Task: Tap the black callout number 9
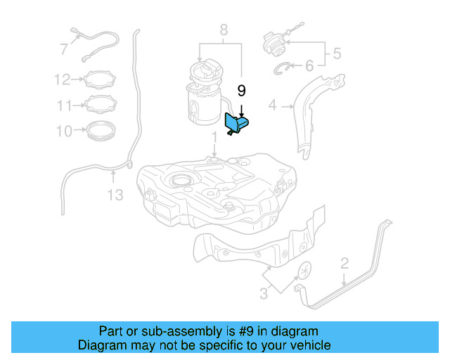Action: click(x=241, y=91)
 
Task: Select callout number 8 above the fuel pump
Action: click(x=223, y=30)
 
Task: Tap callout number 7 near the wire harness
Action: click(x=64, y=49)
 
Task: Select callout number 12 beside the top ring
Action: click(x=63, y=79)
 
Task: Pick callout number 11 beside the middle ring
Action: click(x=65, y=105)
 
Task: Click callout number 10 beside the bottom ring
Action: click(x=64, y=131)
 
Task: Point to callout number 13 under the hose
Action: click(x=114, y=194)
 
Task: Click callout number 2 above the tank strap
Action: click(x=344, y=264)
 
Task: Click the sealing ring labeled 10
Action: click(x=101, y=131)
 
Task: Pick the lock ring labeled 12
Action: click(x=101, y=79)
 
